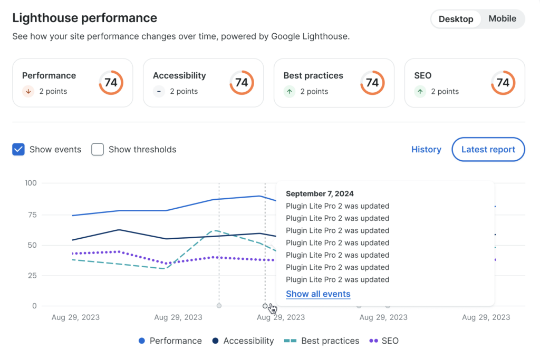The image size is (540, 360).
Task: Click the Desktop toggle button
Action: pyautogui.click(x=456, y=19)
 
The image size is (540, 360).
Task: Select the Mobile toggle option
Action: pyautogui.click(x=502, y=19)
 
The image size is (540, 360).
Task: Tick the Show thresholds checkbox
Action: pyautogui.click(x=98, y=150)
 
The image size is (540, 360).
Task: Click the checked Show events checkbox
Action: pyautogui.click(x=18, y=150)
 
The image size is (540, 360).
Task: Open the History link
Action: pyautogui.click(x=426, y=150)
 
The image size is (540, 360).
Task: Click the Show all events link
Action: pyautogui.click(x=318, y=294)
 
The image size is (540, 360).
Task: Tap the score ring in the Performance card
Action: pyautogui.click(x=111, y=83)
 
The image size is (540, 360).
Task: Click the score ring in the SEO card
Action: pyautogui.click(x=503, y=83)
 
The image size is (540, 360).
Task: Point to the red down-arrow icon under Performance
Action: pyautogui.click(x=28, y=91)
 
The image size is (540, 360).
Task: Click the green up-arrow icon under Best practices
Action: pyautogui.click(x=290, y=91)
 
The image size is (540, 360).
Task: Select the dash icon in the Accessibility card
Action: pyautogui.click(x=159, y=91)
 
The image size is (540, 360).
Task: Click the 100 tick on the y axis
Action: pyautogui.click(x=31, y=183)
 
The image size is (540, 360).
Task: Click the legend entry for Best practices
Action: pyautogui.click(x=322, y=341)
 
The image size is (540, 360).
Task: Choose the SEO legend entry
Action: pyautogui.click(x=384, y=341)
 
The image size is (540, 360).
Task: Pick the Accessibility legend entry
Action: pyautogui.click(x=243, y=341)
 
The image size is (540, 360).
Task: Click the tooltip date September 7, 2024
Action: pyautogui.click(x=320, y=193)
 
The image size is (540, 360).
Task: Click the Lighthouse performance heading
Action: pyautogui.click(x=84, y=18)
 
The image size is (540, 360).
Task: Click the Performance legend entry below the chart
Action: pyautogui.click(x=170, y=341)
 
